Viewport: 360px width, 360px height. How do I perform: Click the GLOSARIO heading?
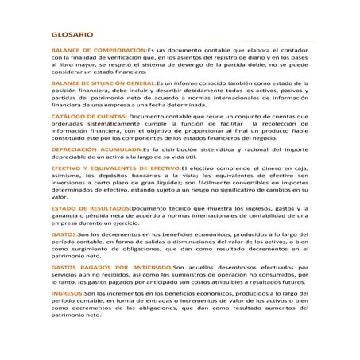point(72,36)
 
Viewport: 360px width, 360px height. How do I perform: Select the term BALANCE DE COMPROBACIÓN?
point(99,50)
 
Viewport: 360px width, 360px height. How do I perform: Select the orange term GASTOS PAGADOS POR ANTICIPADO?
point(110,268)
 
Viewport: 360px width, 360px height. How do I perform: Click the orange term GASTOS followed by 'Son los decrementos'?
point(64,235)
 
